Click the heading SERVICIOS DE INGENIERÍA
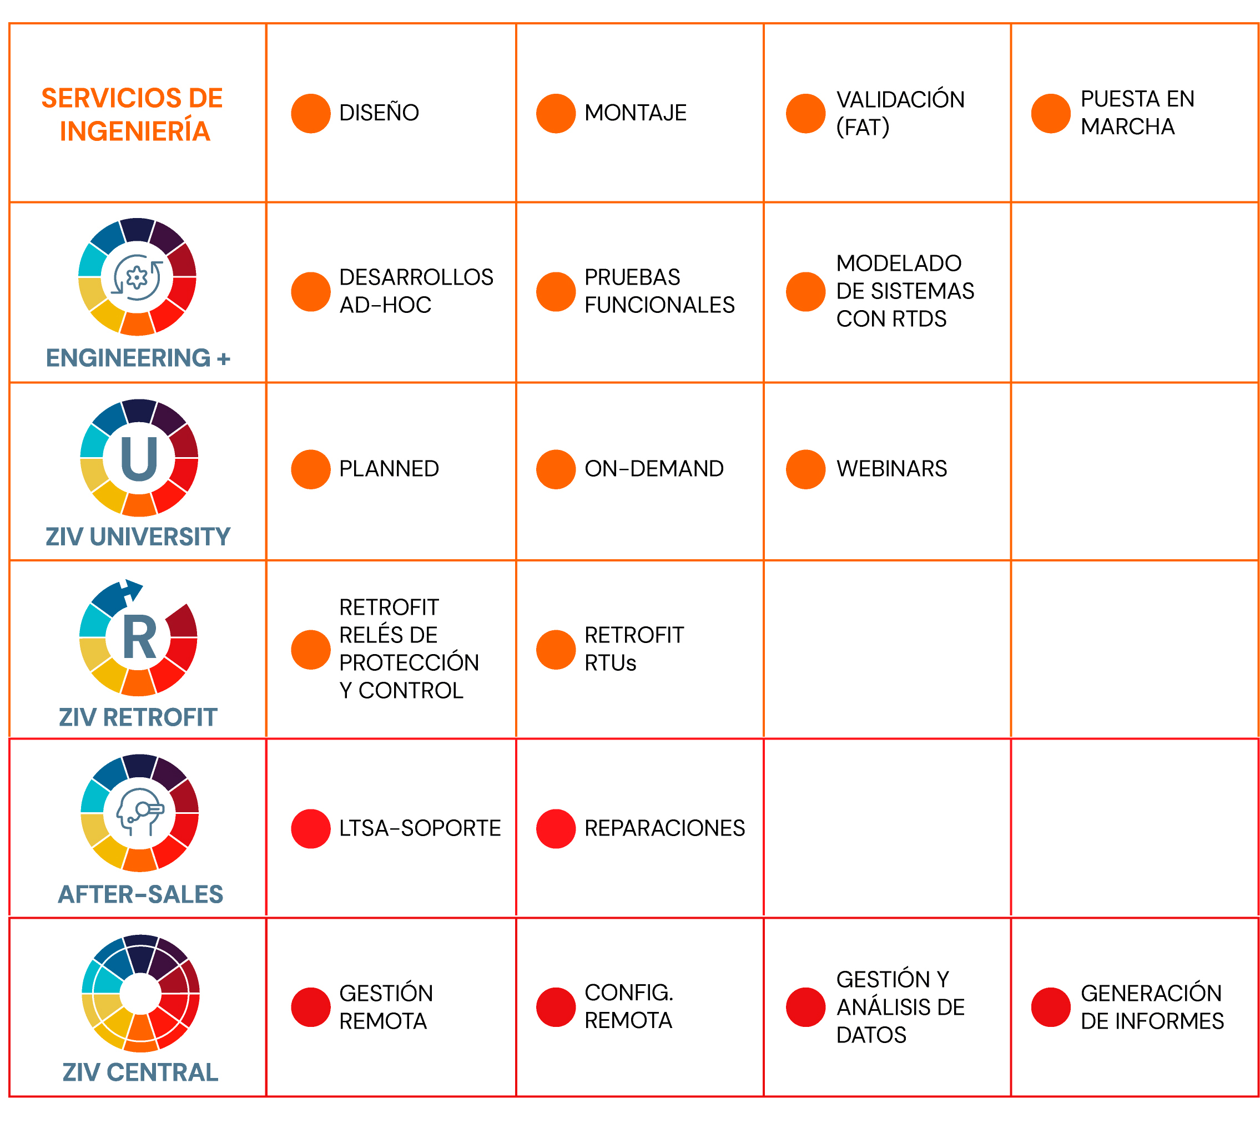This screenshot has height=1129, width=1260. click(132, 114)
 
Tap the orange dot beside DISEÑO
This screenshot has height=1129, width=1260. click(310, 114)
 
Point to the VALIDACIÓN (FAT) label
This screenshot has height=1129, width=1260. click(899, 113)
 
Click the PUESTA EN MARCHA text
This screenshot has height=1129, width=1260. click(1136, 112)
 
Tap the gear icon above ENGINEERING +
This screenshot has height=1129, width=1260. click(137, 277)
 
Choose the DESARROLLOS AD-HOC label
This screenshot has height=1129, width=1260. click(415, 291)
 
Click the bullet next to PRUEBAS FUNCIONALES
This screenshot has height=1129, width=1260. click(556, 292)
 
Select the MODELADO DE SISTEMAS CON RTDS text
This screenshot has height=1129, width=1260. click(904, 291)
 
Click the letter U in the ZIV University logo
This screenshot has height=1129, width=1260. click(139, 458)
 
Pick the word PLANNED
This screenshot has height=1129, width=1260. click(389, 468)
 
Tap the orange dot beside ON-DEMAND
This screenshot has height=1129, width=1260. click(556, 469)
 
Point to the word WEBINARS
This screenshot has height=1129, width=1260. click(891, 468)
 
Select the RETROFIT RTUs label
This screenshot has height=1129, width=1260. click(633, 649)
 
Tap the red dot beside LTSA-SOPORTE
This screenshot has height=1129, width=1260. click(310, 828)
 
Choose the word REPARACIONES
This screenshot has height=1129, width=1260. click(664, 828)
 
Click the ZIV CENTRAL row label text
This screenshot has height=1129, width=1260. click(140, 1072)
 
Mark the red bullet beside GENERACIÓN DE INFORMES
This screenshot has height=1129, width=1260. click(1050, 1007)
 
